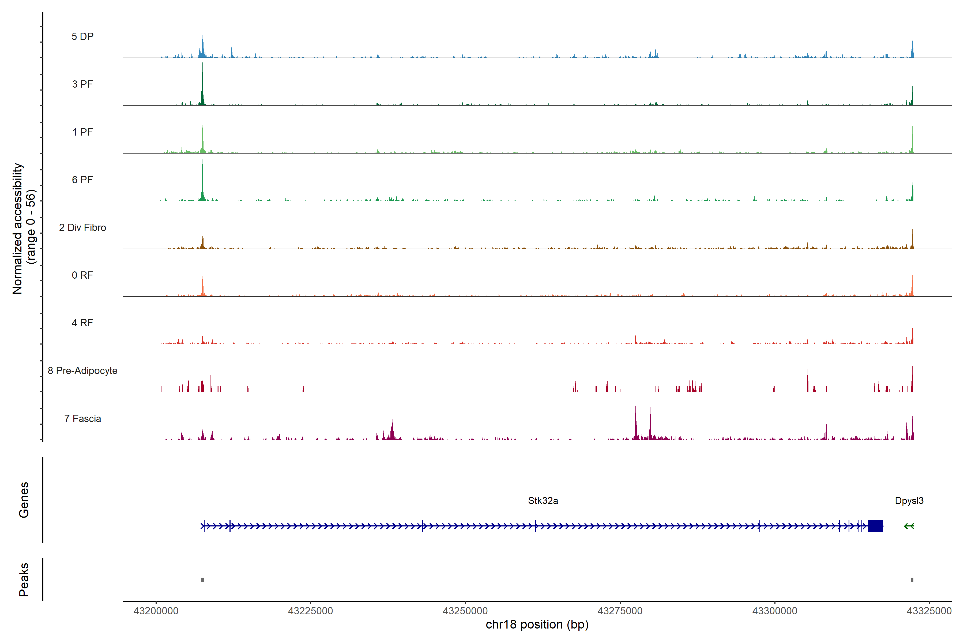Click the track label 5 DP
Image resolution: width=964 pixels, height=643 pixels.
click(x=82, y=36)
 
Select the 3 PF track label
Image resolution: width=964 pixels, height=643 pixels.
click(x=82, y=84)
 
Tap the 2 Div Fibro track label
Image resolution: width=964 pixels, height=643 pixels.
click(x=82, y=227)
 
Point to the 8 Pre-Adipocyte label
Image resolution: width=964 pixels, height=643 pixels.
click(x=82, y=371)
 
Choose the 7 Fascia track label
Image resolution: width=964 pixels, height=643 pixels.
click(x=82, y=419)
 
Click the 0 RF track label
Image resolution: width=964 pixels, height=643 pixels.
click(x=82, y=275)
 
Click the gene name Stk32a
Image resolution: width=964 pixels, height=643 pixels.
click(x=543, y=501)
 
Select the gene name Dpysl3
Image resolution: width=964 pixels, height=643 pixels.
click(x=909, y=501)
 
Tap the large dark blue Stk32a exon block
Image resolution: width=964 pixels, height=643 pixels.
click(x=875, y=526)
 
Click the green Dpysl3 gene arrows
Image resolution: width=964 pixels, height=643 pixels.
click(x=909, y=526)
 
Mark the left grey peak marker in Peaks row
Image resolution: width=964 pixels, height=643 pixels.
click(x=202, y=580)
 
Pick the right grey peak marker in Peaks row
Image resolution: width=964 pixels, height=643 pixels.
click(x=912, y=580)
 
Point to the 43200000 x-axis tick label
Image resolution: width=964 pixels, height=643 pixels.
click(x=156, y=611)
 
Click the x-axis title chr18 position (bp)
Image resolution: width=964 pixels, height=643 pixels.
click(x=537, y=625)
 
